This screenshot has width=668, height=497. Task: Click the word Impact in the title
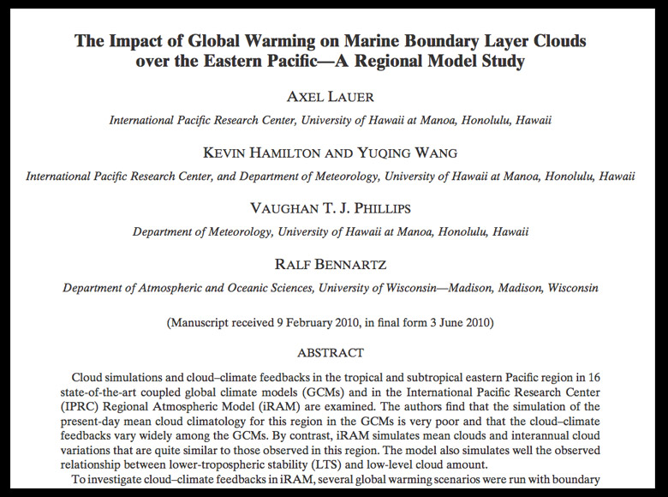point(137,40)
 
